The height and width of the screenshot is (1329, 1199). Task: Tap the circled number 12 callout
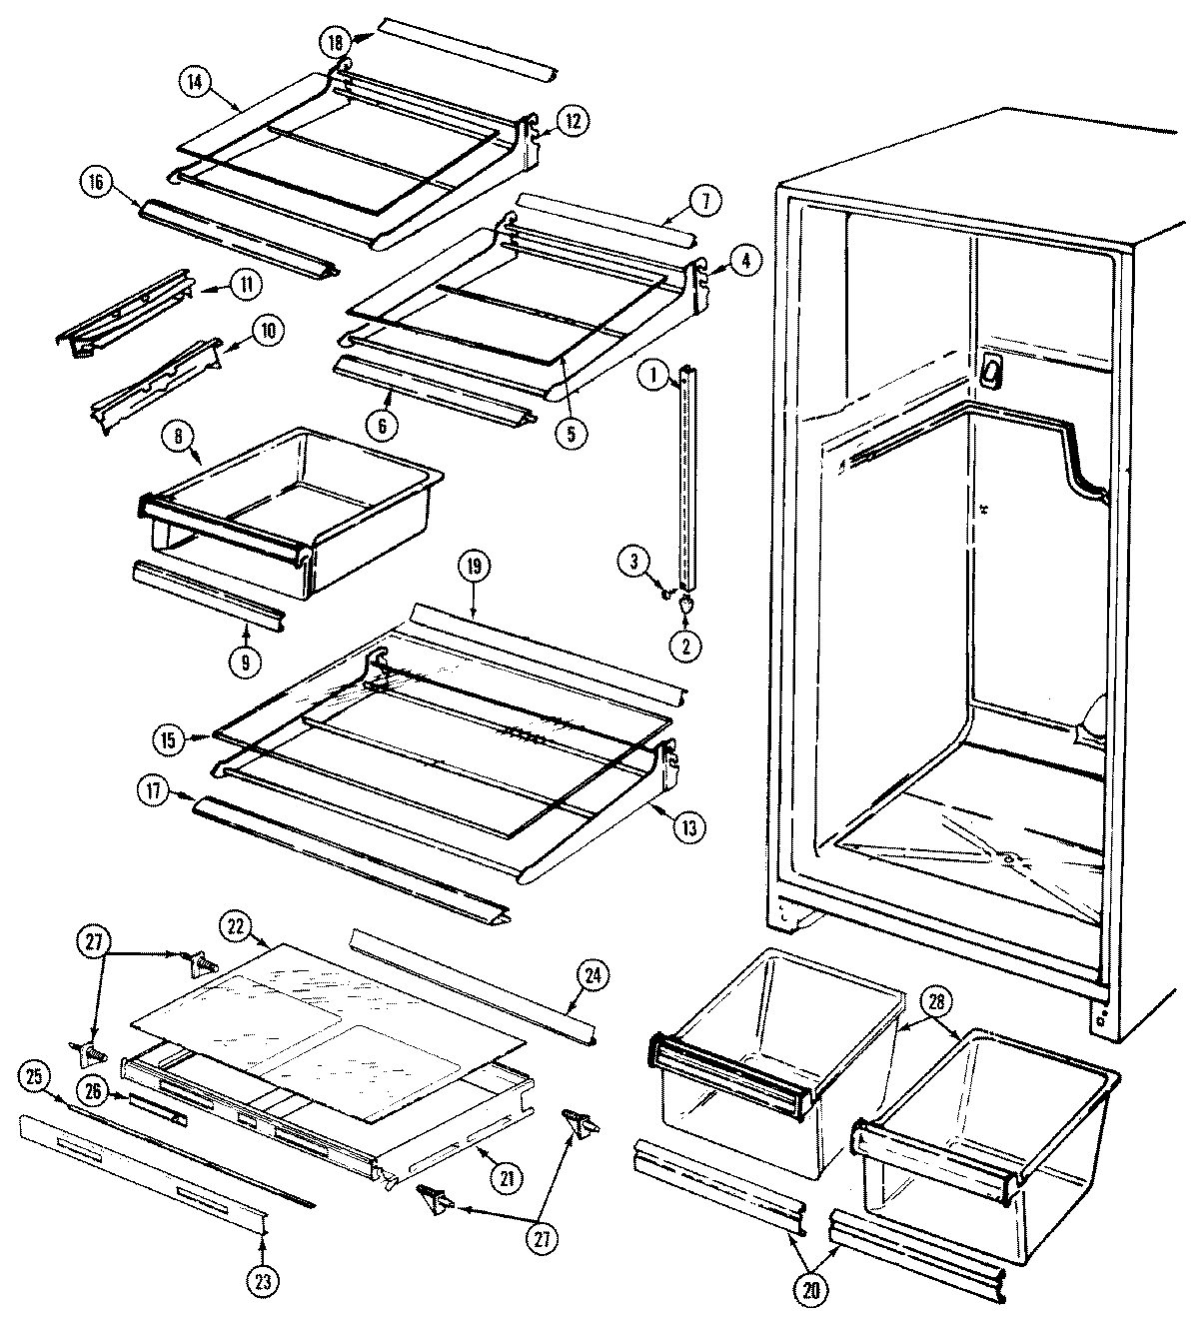(x=572, y=121)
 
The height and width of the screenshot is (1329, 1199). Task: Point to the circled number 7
(x=704, y=200)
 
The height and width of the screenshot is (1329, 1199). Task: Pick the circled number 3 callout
(x=632, y=562)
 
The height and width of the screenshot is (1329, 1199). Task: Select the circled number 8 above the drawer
(x=177, y=435)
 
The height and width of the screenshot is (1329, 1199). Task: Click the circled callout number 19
(x=474, y=567)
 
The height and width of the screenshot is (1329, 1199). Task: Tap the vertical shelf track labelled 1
(x=684, y=480)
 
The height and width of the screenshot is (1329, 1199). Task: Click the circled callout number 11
(x=246, y=285)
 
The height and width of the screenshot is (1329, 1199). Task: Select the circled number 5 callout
(x=573, y=434)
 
